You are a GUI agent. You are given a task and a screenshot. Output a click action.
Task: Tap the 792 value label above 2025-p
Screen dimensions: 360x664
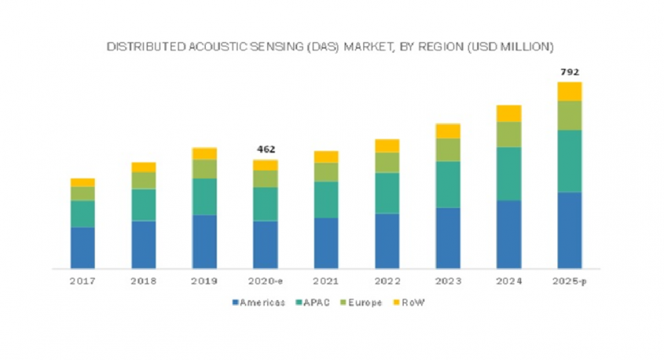pos(570,72)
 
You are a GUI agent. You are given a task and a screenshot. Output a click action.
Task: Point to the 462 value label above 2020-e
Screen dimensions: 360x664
pos(265,149)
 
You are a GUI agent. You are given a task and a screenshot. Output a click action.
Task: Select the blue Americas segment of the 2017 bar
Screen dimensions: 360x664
pos(83,248)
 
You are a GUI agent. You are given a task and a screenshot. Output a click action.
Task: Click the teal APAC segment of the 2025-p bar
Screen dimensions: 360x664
pos(570,161)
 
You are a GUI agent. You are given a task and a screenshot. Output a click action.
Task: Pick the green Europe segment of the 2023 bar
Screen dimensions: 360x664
pos(448,149)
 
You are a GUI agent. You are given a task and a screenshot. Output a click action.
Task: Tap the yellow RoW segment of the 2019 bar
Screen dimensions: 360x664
pos(204,153)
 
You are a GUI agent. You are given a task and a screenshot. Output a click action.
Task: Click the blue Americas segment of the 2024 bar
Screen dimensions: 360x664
pos(508,234)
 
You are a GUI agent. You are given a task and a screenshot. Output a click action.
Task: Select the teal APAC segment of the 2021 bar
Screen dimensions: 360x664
pos(326,200)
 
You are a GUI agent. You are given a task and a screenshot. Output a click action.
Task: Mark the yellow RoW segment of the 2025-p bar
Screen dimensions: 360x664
pos(570,91)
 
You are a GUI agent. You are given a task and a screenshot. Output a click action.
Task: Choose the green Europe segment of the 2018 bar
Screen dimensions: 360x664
pos(143,180)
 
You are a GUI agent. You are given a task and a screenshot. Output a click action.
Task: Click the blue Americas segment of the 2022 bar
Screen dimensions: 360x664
pos(387,241)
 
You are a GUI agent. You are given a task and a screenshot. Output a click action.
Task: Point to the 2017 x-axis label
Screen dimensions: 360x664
pos(83,280)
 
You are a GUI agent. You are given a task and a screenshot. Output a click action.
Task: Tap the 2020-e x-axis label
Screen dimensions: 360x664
pos(265,280)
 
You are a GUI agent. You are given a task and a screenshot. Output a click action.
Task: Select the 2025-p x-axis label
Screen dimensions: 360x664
pos(570,280)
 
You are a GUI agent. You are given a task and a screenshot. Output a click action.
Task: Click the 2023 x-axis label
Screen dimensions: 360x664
pos(448,280)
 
